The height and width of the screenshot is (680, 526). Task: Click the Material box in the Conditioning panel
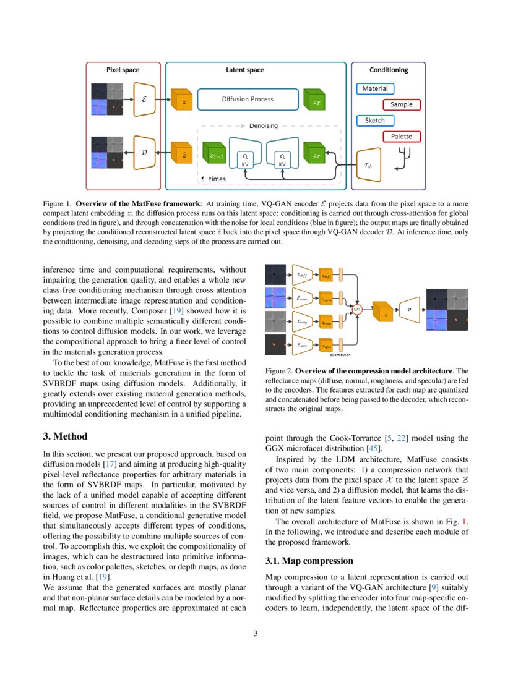pyautogui.click(x=375, y=89)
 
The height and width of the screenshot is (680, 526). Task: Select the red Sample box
pyautogui.click(x=401, y=104)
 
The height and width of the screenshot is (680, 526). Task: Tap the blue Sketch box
pyautogui.click(x=374, y=121)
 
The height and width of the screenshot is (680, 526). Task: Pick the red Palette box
pyautogui.click(x=401, y=136)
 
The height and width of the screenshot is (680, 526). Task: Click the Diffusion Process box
pyautogui.click(x=248, y=99)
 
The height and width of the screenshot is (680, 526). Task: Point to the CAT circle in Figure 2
pyautogui.click(x=357, y=307)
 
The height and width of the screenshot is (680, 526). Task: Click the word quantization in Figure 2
pyautogui.click(x=335, y=355)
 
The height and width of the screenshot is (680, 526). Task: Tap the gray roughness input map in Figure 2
pyautogui.click(x=275, y=321)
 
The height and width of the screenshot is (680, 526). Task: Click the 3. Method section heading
pyautogui.click(x=66, y=437)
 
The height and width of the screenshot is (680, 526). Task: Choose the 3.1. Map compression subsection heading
pyautogui.click(x=301, y=561)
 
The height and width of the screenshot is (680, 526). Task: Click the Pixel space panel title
pyautogui.click(x=123, y=70)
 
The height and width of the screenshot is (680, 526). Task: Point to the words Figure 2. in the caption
pyautogui.click(x=278, y=370)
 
